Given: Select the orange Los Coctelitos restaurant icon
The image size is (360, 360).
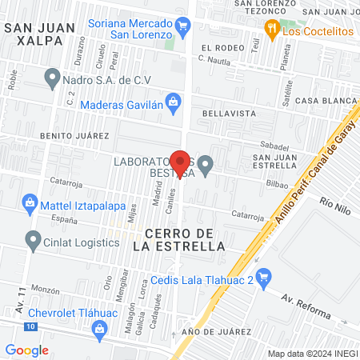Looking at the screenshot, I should [273, 30].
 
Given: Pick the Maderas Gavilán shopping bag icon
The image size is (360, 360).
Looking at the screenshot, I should [174, 102].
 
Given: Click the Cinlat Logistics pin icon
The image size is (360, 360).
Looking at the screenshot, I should [33, 238].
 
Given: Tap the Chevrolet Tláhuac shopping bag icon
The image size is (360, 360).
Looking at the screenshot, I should [99, 327].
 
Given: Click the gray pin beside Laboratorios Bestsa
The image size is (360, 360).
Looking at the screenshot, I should [206, 166].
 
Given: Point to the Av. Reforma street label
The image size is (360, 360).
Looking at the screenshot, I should [306, 305].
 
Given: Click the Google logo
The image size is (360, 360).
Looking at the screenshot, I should [26, 350].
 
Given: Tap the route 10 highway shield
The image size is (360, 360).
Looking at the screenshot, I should [29, 327].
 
